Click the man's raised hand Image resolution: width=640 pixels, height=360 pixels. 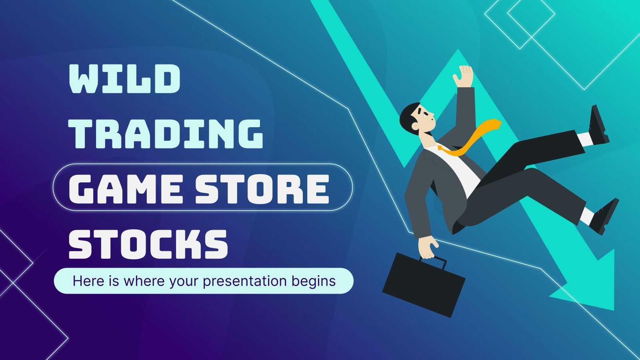click(464, 76)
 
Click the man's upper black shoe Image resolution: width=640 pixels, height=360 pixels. click(600, 124)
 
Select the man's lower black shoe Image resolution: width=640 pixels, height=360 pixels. click(604, 216)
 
